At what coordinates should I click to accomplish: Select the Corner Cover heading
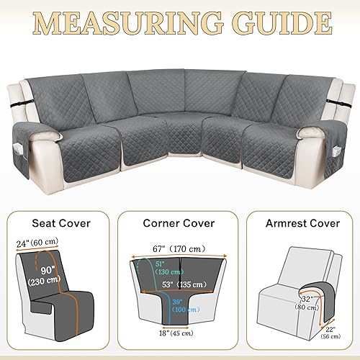[x=179, y=203]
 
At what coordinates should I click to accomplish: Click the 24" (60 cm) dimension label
[x=32, y=224]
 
